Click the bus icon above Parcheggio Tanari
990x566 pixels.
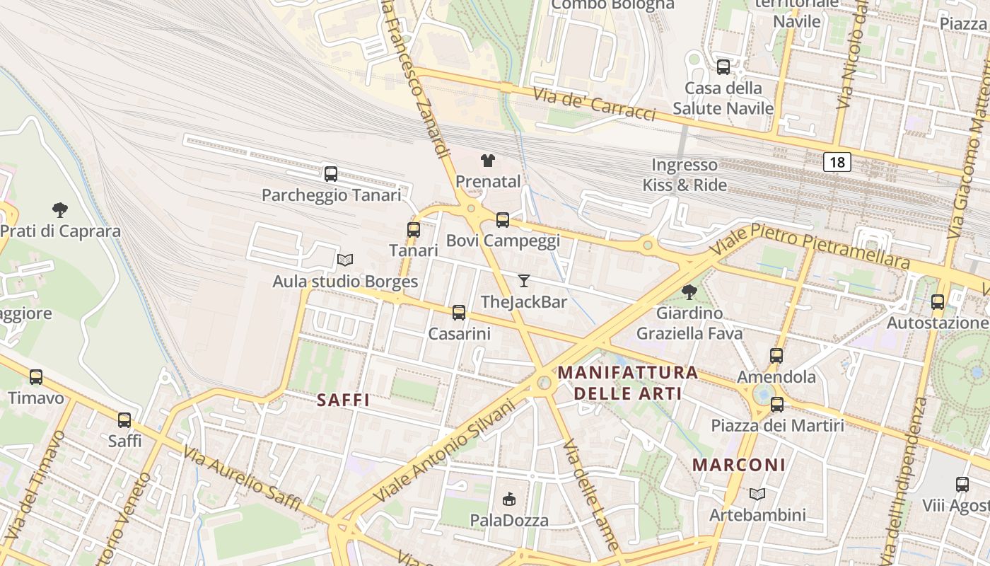pos(330,173)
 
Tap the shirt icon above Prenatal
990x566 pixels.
pos(488,161)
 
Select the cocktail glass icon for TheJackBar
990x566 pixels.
pos(523,281)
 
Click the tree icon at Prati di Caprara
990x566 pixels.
pos(60,209)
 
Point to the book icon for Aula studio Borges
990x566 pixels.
pos(345,260)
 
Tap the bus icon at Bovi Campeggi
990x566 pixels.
pos(503,220)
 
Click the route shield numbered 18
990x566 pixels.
pos(837,162)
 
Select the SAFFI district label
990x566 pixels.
pos(343,400)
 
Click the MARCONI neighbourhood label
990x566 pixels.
pos(739,465)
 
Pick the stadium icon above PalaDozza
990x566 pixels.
pos(509,499)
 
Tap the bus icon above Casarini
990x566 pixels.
pos(459,312)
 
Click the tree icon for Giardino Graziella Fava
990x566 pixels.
pos(689,291)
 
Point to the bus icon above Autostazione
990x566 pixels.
pos(938,302)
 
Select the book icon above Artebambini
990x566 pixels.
pos(757,494)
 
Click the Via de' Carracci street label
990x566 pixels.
pos(594,104)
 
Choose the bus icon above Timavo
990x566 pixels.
pos(36,377)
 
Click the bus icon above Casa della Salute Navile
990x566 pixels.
pos(723,67)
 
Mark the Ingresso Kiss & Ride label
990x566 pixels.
pos(685,175)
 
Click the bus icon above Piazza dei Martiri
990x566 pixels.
pos(777,405)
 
